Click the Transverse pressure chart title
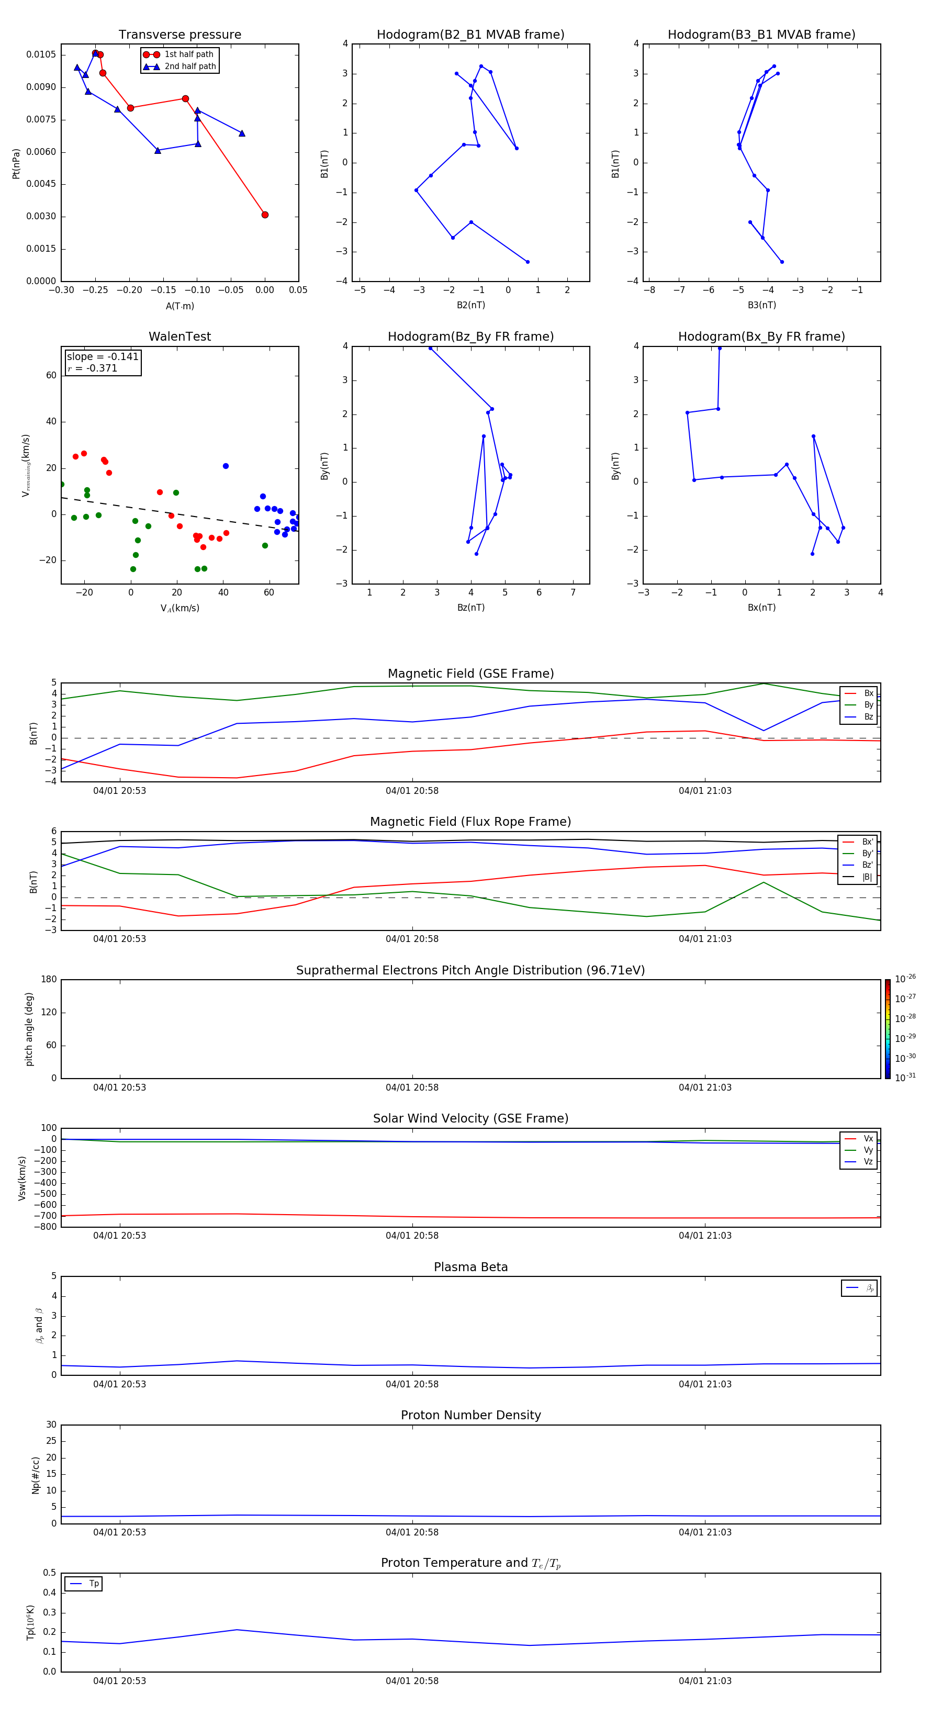coord(180,35)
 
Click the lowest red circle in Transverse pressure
coord(265,215)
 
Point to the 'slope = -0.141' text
coord(103,357)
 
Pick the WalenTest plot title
coord(180,337)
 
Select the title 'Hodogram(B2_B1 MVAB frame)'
coord(470,35)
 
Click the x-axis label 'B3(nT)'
coord(761,305)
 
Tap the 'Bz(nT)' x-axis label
coord(470,608)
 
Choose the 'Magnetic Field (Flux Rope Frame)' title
coord(470,822)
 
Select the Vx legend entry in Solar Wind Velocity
coord(868,1138)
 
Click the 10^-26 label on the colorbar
coord(905,979)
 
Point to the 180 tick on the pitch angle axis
coord(49,980)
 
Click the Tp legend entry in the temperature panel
coord(93,1584)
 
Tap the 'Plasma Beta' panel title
coord(470,1267)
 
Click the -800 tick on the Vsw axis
coord(45,1227)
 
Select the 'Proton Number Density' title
coord(470,1415)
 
